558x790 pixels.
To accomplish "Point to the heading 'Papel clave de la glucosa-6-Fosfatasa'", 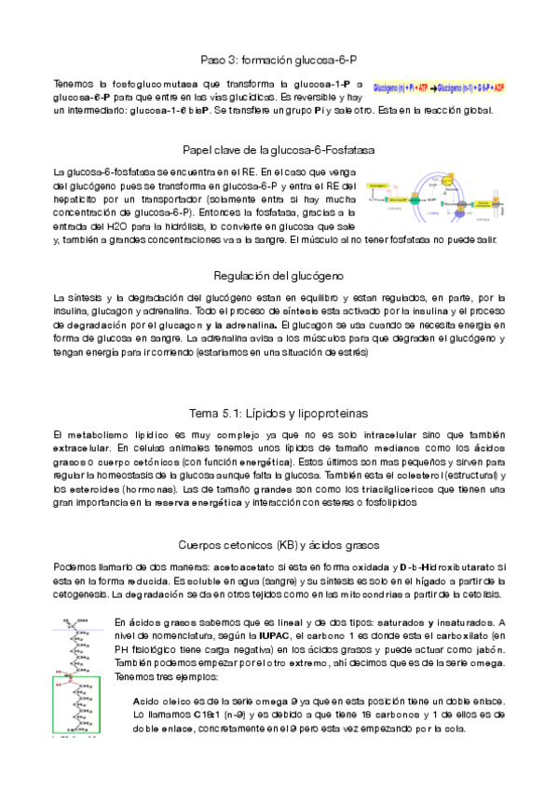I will point(279,149).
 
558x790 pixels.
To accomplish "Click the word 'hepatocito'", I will point(80,199).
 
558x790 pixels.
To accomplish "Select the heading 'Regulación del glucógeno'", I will point(279,276).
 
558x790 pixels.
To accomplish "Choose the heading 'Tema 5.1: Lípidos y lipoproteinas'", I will point(279,411).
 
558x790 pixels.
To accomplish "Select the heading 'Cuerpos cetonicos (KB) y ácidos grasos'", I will point(279,544).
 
